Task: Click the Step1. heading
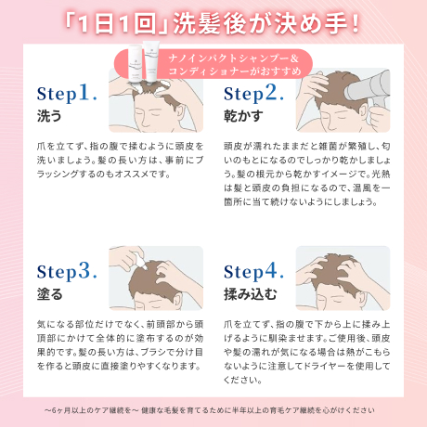click(67, 95)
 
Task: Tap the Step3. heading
click(67, 271)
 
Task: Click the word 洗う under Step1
click(48, 118)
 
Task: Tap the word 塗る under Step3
click(48, 295)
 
